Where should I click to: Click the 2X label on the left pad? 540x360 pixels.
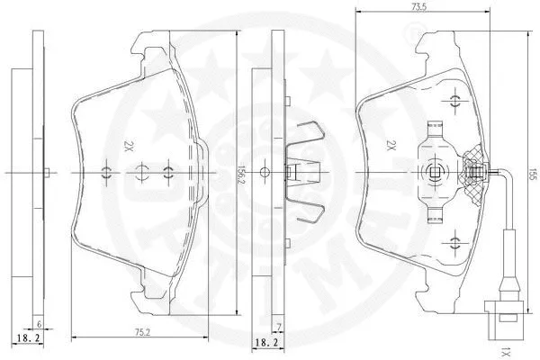pos(129,145)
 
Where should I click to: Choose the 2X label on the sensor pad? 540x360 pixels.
pos(391,145)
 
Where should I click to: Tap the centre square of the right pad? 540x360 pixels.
pos(436,172)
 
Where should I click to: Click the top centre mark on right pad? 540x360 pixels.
pos(455,96)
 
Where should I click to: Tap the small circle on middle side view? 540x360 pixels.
pos(265,171)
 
